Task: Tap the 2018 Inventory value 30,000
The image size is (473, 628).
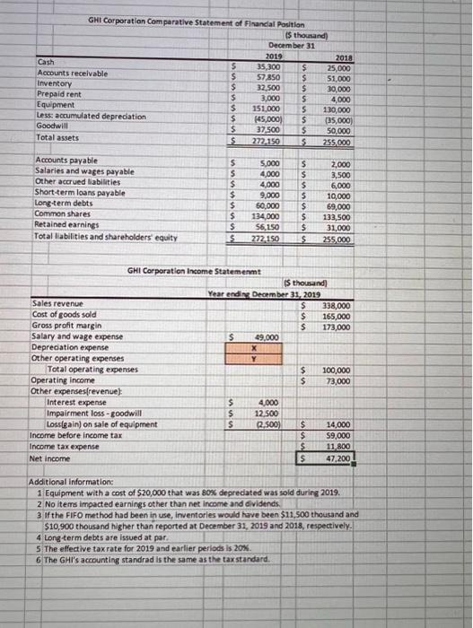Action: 341,89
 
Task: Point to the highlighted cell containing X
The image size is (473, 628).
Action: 257,346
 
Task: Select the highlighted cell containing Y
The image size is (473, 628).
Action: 257,356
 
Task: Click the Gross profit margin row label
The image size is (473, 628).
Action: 69,326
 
